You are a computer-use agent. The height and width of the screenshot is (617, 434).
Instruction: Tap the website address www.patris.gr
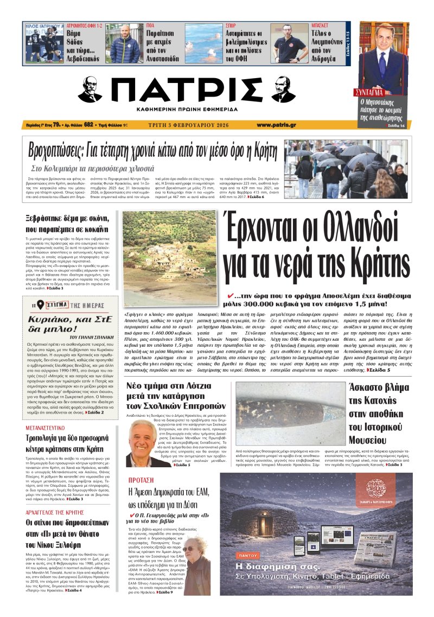[276, 125]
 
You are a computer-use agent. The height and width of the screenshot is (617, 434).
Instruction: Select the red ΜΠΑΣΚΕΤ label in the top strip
[321, 25]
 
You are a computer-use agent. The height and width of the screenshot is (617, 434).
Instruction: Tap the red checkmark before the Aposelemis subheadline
[232, 295]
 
